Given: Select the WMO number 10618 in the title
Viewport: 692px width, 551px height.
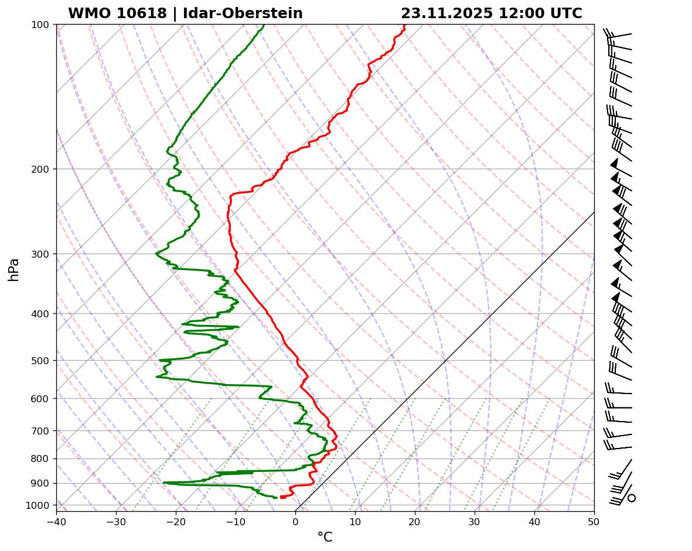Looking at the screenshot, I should click(x=117, y=13).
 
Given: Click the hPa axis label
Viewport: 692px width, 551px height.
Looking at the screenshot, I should click(x=13, y=269).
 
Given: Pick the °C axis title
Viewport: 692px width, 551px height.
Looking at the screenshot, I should click(x=325, y=538).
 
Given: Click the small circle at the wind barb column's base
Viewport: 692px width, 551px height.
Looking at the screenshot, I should click(x=632, y=498).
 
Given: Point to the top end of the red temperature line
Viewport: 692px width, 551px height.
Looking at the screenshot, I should click(x=404, y=25).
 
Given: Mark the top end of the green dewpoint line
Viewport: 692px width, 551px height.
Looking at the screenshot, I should click(x=264, y=25).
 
